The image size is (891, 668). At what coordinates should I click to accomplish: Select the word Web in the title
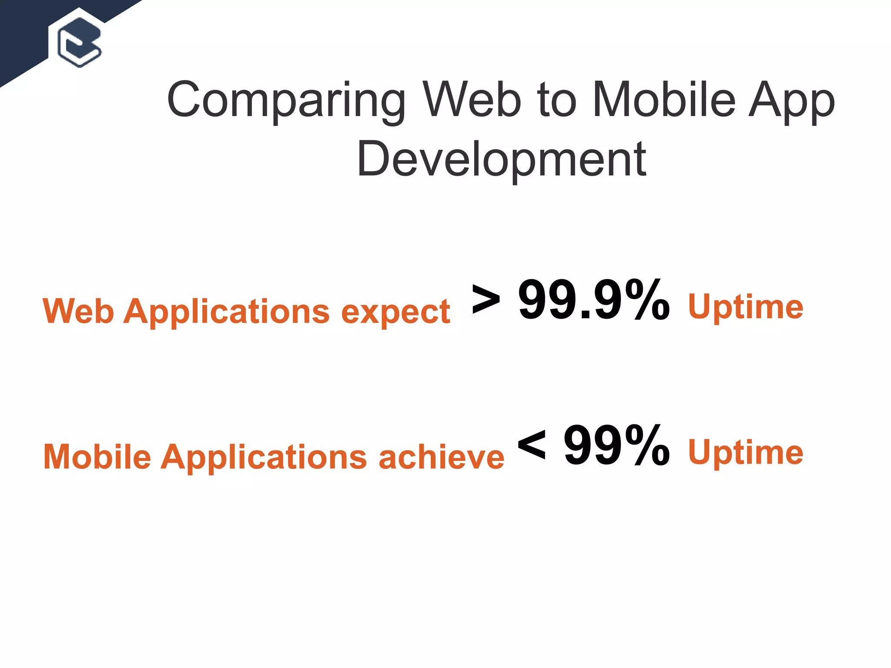point(472,100)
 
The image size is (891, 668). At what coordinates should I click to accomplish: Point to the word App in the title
point(791,102)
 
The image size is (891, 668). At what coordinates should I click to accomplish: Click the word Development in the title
point(501,160)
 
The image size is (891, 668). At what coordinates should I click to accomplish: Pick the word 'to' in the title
point(556,100)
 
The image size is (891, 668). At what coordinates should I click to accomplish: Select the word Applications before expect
point(227,312)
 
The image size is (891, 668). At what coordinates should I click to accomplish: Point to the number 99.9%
point(593,300)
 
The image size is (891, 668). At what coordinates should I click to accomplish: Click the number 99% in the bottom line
point(616,445)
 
